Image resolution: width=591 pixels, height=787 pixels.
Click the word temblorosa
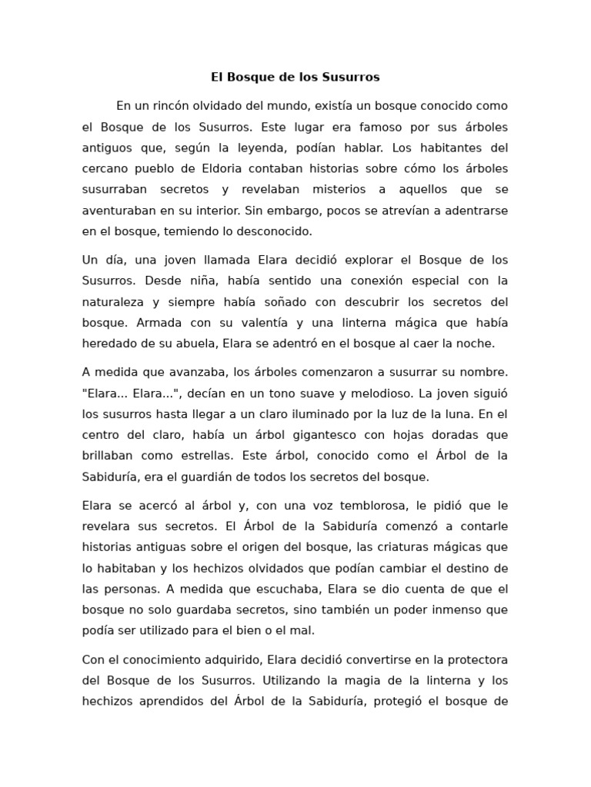(358, 506)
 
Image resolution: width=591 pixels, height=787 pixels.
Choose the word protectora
(474, 659)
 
